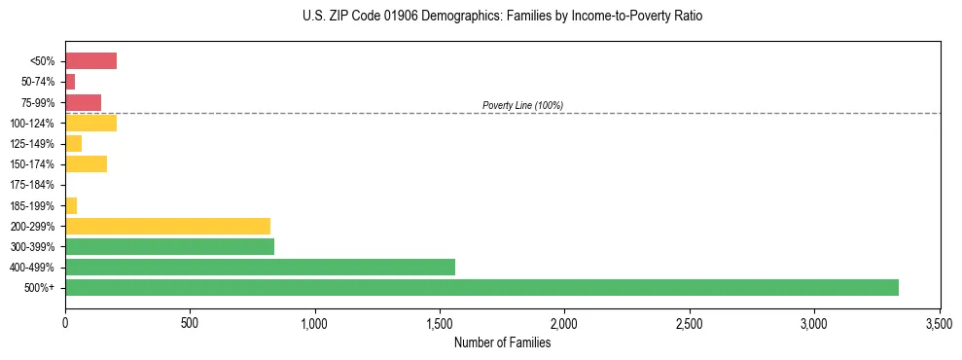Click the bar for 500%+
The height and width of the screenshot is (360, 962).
tap(481, 287)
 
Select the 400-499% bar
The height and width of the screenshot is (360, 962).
tap(260, 267)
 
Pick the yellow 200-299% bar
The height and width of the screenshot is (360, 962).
tap(167, 226)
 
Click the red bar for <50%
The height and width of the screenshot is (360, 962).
tap(90, 61)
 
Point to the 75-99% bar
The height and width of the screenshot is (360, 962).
tap(83, 102)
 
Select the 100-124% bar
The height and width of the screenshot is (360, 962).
tap(90, 123)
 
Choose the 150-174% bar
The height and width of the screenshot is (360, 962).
tap(86, 163)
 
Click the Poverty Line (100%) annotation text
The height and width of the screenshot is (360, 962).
tap(522, 105)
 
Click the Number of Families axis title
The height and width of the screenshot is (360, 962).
tap(502, 342)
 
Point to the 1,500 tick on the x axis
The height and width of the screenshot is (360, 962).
tap(440, 322)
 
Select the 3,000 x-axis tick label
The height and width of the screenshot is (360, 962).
tap(814, 322)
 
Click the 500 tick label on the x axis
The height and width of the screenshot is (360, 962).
tap(190, 322)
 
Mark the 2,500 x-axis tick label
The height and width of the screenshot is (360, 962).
tap(690, 322)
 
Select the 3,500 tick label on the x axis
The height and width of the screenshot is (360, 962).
tap(939, 322)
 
